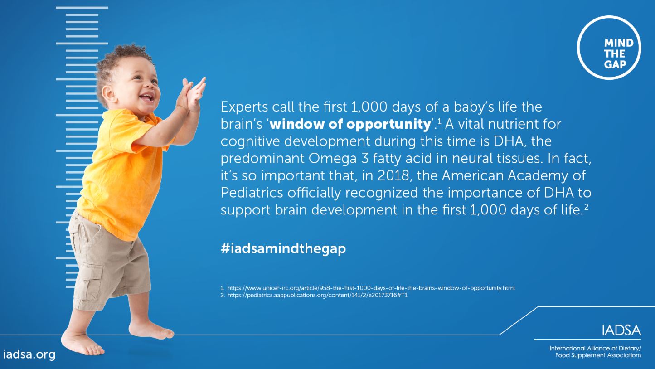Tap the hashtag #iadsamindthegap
pyautogui.click(x=283, y=248)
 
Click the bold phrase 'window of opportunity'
pyautogui.click(x=350, y=124)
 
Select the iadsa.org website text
pyautogui.click(x=29, y=354)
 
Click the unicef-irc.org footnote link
pyautogui.click(x=371, y=288)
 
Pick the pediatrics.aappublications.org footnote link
pyautogui.click(x=317, y=295)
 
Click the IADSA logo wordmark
pyautogui.click(x=621, y=331)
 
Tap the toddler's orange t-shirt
pyautogui.click(x=120, y=173)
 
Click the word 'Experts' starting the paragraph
pyautogui.click(x=244, y=107)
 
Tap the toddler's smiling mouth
pyautogui.click(x=147, y=97)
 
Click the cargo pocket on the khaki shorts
pyautogui.click(x=93, y=282)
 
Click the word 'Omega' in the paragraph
pyautogui.click(x=332, y=159)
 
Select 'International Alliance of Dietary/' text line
pyautogui.click(x=595, y=348)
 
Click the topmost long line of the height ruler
pyautogui.click(x=82, y=8)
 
